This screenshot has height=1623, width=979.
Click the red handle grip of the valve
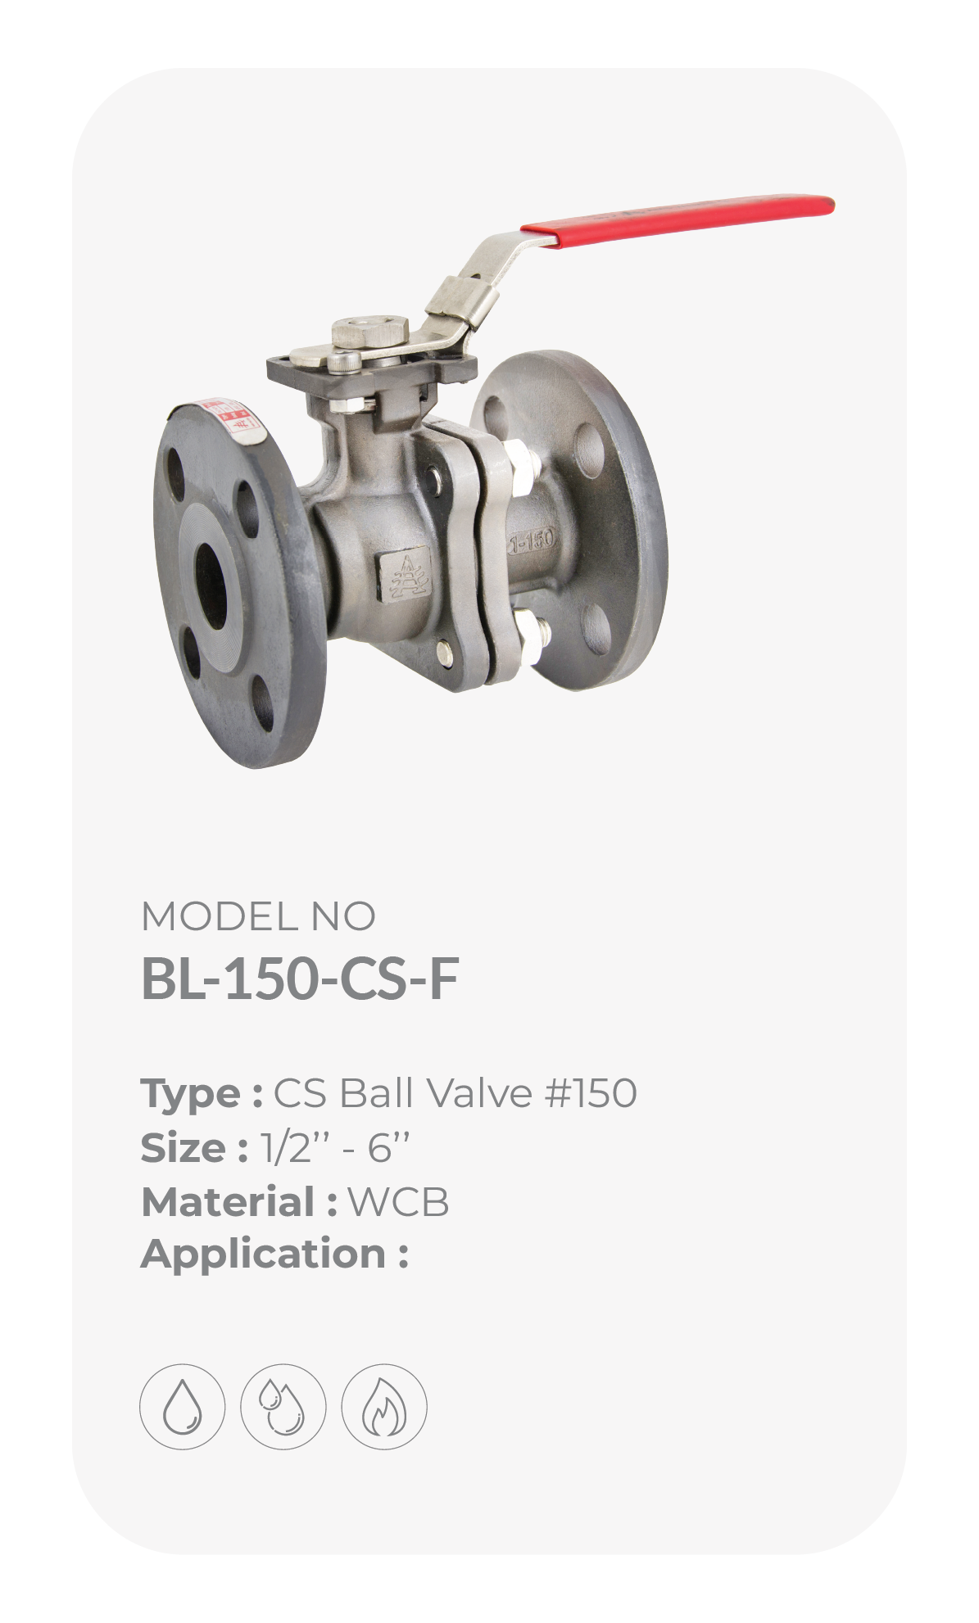(678, 219)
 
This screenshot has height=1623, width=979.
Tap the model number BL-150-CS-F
(300, 979)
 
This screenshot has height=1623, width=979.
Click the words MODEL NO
(258, 916)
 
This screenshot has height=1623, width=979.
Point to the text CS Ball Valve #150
(455, 1093)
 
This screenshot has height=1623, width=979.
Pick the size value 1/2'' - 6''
(334, 1148)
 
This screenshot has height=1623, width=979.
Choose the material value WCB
(398, 1202)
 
